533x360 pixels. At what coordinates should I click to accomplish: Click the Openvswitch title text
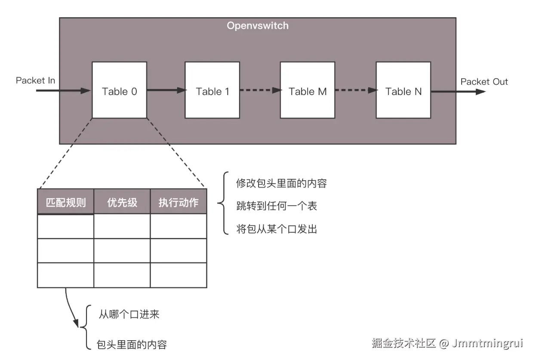click(257, 26)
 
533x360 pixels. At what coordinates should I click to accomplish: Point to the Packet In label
click(35, 80)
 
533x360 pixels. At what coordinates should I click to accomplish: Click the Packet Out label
click(484, 82)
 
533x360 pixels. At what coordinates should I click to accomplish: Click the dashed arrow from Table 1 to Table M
click(259, 90)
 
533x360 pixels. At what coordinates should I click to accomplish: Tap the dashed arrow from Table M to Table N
click(355, 90)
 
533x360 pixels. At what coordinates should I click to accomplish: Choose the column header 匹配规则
click(65, 203)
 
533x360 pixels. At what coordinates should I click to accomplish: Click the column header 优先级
click(122, 203)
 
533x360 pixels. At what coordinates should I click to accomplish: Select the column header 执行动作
click(178, 203)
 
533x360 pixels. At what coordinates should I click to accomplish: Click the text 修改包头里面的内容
click(281, 183)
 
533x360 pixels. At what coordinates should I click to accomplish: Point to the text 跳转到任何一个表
click(276, 206)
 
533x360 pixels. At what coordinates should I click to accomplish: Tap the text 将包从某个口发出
click(276, 229)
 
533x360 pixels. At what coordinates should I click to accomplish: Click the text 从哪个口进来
click(129, 314)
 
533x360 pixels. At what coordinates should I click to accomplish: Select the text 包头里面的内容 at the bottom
click(132, 345)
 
